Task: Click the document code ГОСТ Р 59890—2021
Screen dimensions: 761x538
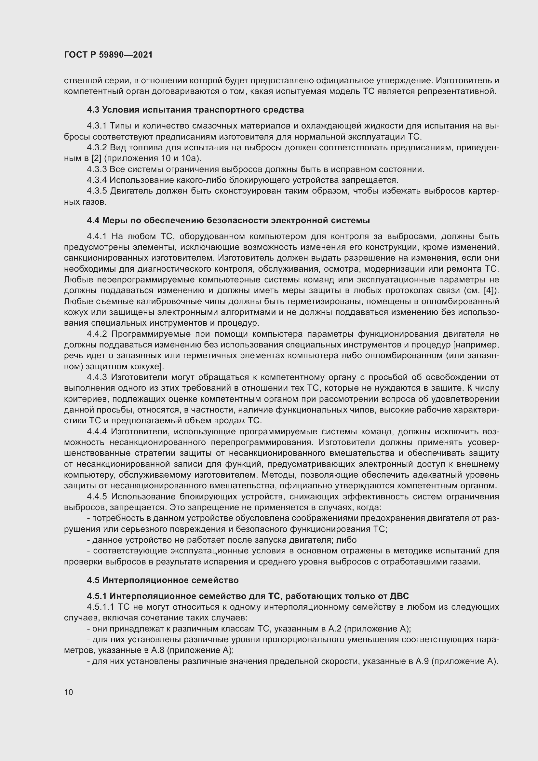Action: pyautogui.click(x=108, y=55)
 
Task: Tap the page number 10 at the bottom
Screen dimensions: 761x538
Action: pyautogui.click(x=69, y=692)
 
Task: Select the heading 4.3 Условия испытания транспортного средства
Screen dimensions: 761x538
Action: pyautogui.click(x=195, y=110)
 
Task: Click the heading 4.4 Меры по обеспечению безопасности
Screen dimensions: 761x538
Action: pyautogui.click(x=228, y=220)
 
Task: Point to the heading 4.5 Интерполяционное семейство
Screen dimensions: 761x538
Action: pyautogui.click(x=163, y=580)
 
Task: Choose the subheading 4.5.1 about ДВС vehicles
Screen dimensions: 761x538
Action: pyautogui.click(x=248, y=596)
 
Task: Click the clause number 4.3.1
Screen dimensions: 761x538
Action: pyautogui.click(x=97, y=126)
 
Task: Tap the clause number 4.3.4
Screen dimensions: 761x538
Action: pyautogui.click(x=97, y=180)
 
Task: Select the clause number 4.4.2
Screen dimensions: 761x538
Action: pyautogui.click(x=97, y=334)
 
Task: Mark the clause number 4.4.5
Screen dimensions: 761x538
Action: pyautogui.click(x=97, y=496)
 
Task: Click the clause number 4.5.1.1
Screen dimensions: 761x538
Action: pyautogui.click(x=101, y=607)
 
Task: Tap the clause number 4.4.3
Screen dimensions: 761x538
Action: pyautogui.click(x=97, y=377)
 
